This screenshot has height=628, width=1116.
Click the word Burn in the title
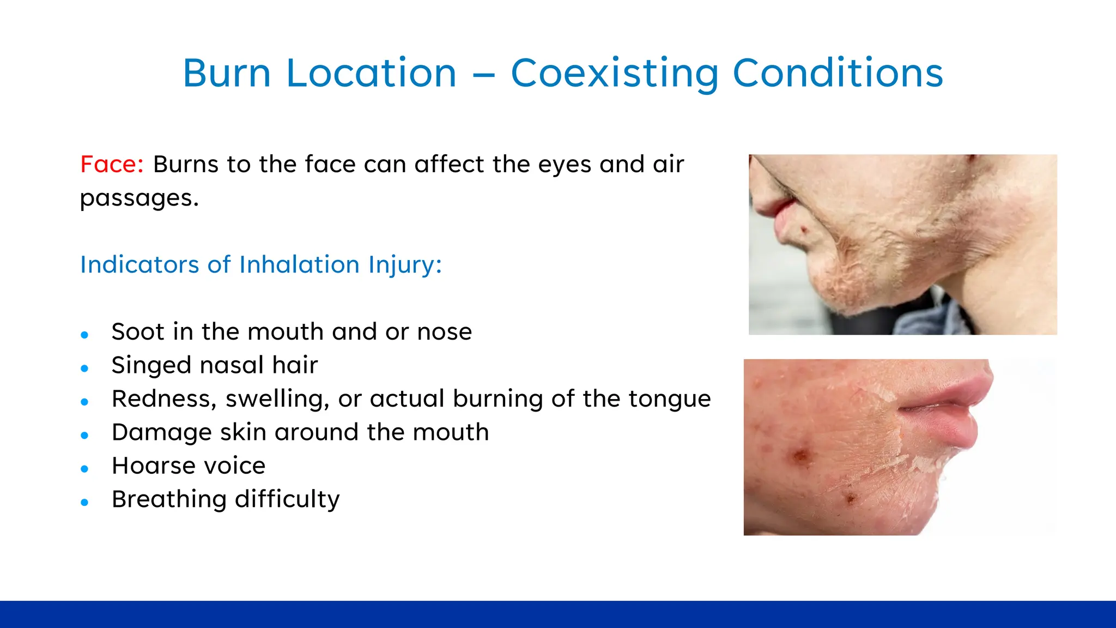point(227,73)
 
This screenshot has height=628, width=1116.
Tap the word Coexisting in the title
point(615,73)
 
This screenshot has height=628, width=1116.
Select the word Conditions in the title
point(838,73)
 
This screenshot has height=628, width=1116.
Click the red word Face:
point(112,164)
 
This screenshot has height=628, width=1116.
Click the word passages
point(139,198)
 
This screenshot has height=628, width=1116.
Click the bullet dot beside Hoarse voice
point(84,469)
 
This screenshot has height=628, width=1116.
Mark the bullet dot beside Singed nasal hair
point(84,369)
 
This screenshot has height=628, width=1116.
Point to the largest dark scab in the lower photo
point(800,456)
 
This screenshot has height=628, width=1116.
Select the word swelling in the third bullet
point(277,398)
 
